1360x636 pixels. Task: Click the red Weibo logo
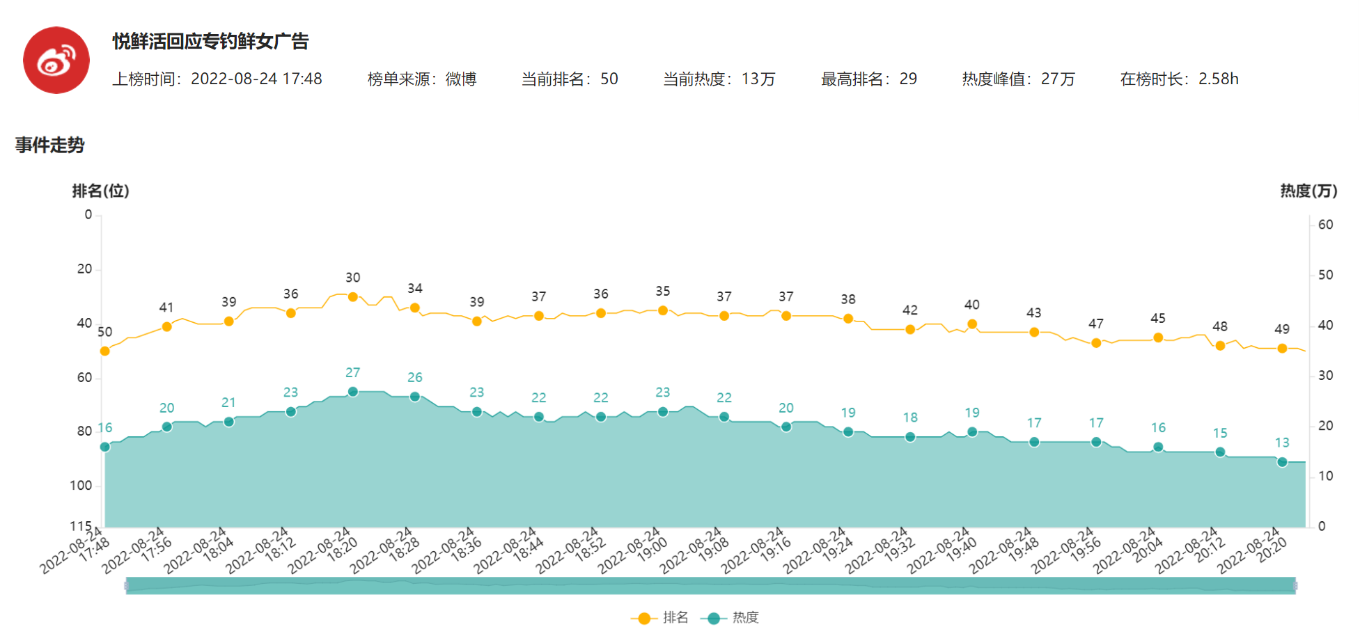click(56, 61)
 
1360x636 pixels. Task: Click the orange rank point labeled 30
click(353, 297)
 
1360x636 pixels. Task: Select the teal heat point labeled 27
click(353, 392)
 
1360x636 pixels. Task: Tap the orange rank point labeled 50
click(105, 351)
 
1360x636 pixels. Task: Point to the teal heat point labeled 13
click(1282, 462)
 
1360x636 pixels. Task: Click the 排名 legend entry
click(659, 618)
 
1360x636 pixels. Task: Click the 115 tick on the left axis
click(81, 526)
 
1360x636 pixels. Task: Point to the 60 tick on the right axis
click(1325, 225)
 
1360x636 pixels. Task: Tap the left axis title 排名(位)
click(100, 191)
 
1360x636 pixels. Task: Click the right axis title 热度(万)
click(1308, 191)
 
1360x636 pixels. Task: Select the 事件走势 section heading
click(49, 145)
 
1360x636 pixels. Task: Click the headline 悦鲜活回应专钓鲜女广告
click(210, 42)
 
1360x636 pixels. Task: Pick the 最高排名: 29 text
click(868, 79)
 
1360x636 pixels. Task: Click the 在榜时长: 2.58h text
click(1179, 79)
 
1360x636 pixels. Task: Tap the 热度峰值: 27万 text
click(1018, 79)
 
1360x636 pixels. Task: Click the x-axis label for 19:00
click(634, 552)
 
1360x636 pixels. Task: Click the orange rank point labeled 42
click(910, 330)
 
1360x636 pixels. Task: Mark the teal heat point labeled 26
click(415, 397)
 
